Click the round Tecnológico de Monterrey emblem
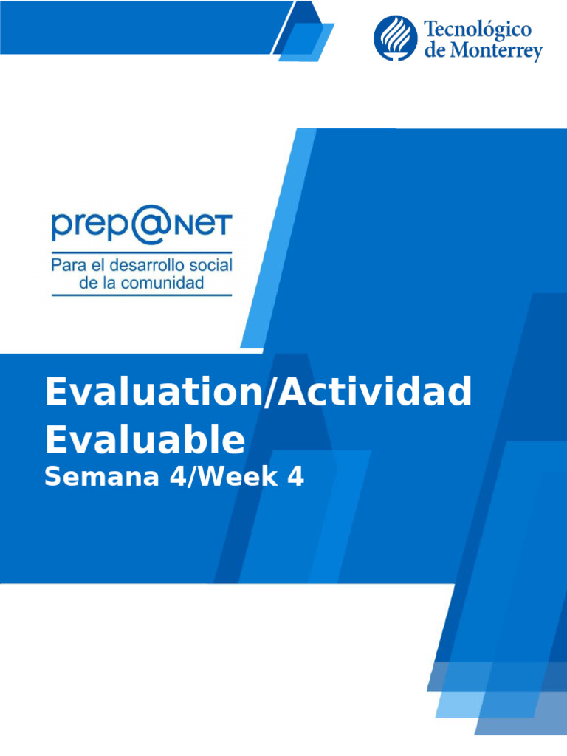coord(395,38)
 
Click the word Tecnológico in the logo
coord(477,30)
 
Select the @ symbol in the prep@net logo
coord(152,227)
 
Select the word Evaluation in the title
coord(148,391)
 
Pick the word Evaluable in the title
coord(145,439)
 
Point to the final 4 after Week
coord(295,477)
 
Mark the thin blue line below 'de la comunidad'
coord(141,295)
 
